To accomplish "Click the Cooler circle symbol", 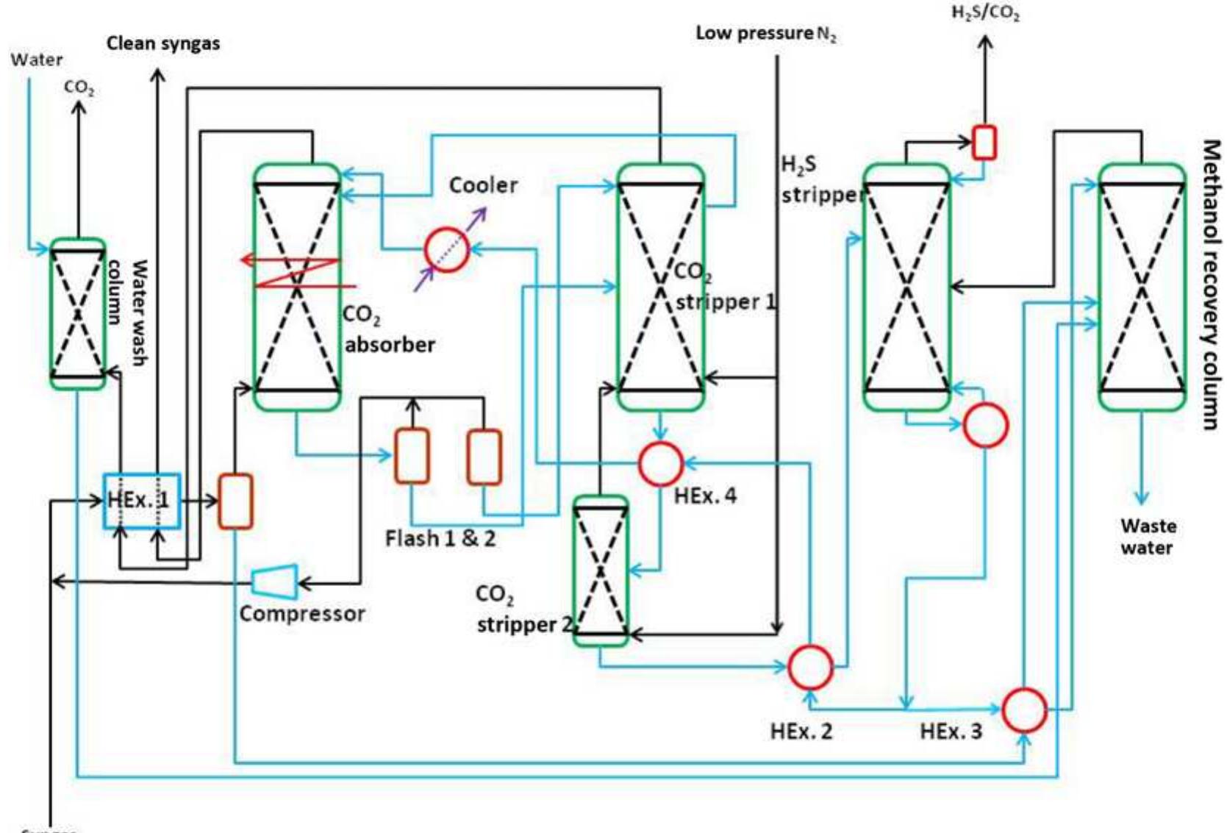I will click(446, 250).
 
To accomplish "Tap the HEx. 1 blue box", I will click(141, 501).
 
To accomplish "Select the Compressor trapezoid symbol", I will click(275, 582).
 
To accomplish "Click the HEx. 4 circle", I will click(660, 463).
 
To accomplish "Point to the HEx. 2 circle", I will click(809, 666).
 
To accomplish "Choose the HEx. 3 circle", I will click(1025, 710).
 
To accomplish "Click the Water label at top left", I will click(36, 59).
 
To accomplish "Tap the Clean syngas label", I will click(163, 43).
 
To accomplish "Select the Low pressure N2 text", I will click(765, 34).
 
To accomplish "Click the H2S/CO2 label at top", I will click(985, 12).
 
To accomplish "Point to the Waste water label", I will click(1147, 537).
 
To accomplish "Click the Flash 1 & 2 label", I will click(440, 538).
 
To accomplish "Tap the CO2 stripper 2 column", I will click(601, 571).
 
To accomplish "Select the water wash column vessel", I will click(77, 313).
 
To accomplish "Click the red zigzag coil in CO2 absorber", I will click(298, 273).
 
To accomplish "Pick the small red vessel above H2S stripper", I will click(984, 142).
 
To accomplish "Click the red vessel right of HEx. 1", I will click(235, 501).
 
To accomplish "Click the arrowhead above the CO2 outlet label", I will click(79, 108).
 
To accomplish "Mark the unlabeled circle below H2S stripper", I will click(985, 425).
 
